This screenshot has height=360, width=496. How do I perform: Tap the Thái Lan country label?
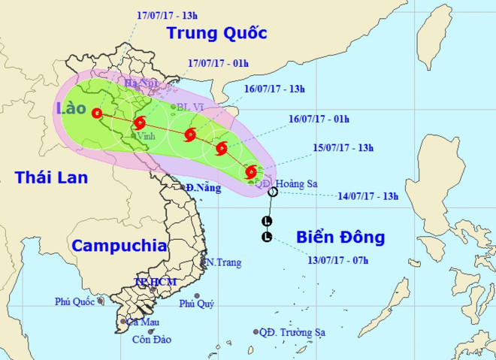(x=51, y=177)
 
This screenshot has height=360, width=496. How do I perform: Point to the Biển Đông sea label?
(x=340, y=237)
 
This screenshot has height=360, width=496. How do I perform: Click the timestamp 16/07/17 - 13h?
(x=274, y=89)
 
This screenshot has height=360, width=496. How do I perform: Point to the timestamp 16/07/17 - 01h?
(x=319, y=118)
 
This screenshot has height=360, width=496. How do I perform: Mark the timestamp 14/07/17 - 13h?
(x=367, y=196)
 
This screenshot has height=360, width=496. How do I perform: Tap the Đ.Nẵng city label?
(x=204, y=188)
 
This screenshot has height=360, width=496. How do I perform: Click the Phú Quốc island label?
(x=74, y=302)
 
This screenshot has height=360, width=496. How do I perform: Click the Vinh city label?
(x=147, y=136)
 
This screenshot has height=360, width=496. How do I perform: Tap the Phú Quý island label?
(x=196, y=304)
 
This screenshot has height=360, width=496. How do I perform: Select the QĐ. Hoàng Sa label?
(x=283, y=182)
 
